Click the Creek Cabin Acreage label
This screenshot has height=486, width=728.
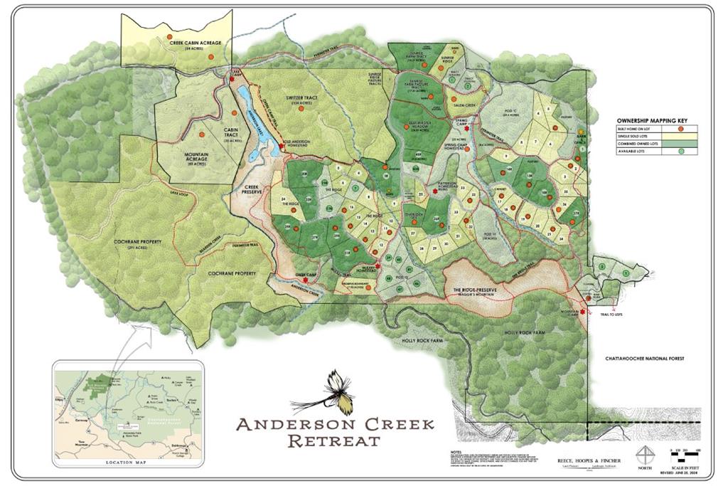coord(196,43)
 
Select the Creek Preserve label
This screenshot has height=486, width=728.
coord(251,190)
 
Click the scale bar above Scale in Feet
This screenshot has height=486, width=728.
coord(686,451)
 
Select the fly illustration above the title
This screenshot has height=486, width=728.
coord(333,393)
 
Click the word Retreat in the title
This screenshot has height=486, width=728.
coord(333,440)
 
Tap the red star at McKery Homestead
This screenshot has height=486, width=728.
coord(377,266)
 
